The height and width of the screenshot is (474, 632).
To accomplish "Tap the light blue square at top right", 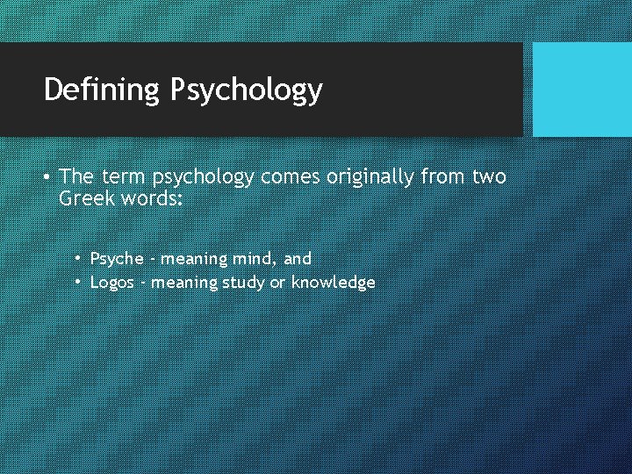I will point(582,90).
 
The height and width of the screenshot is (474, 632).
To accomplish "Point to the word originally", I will point(371,178).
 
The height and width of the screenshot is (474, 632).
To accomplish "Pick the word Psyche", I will point(118,259).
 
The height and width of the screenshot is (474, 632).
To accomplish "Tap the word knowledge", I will point(334,283).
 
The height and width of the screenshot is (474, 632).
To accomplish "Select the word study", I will point(240,283).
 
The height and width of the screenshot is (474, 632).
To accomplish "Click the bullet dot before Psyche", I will point(78,258).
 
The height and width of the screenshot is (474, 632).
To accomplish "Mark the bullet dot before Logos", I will point(78,282).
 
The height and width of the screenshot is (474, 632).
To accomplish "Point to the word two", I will point(489,177).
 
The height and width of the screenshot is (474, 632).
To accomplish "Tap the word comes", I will point(291,178).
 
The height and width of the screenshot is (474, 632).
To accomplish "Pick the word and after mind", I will point(298,259).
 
